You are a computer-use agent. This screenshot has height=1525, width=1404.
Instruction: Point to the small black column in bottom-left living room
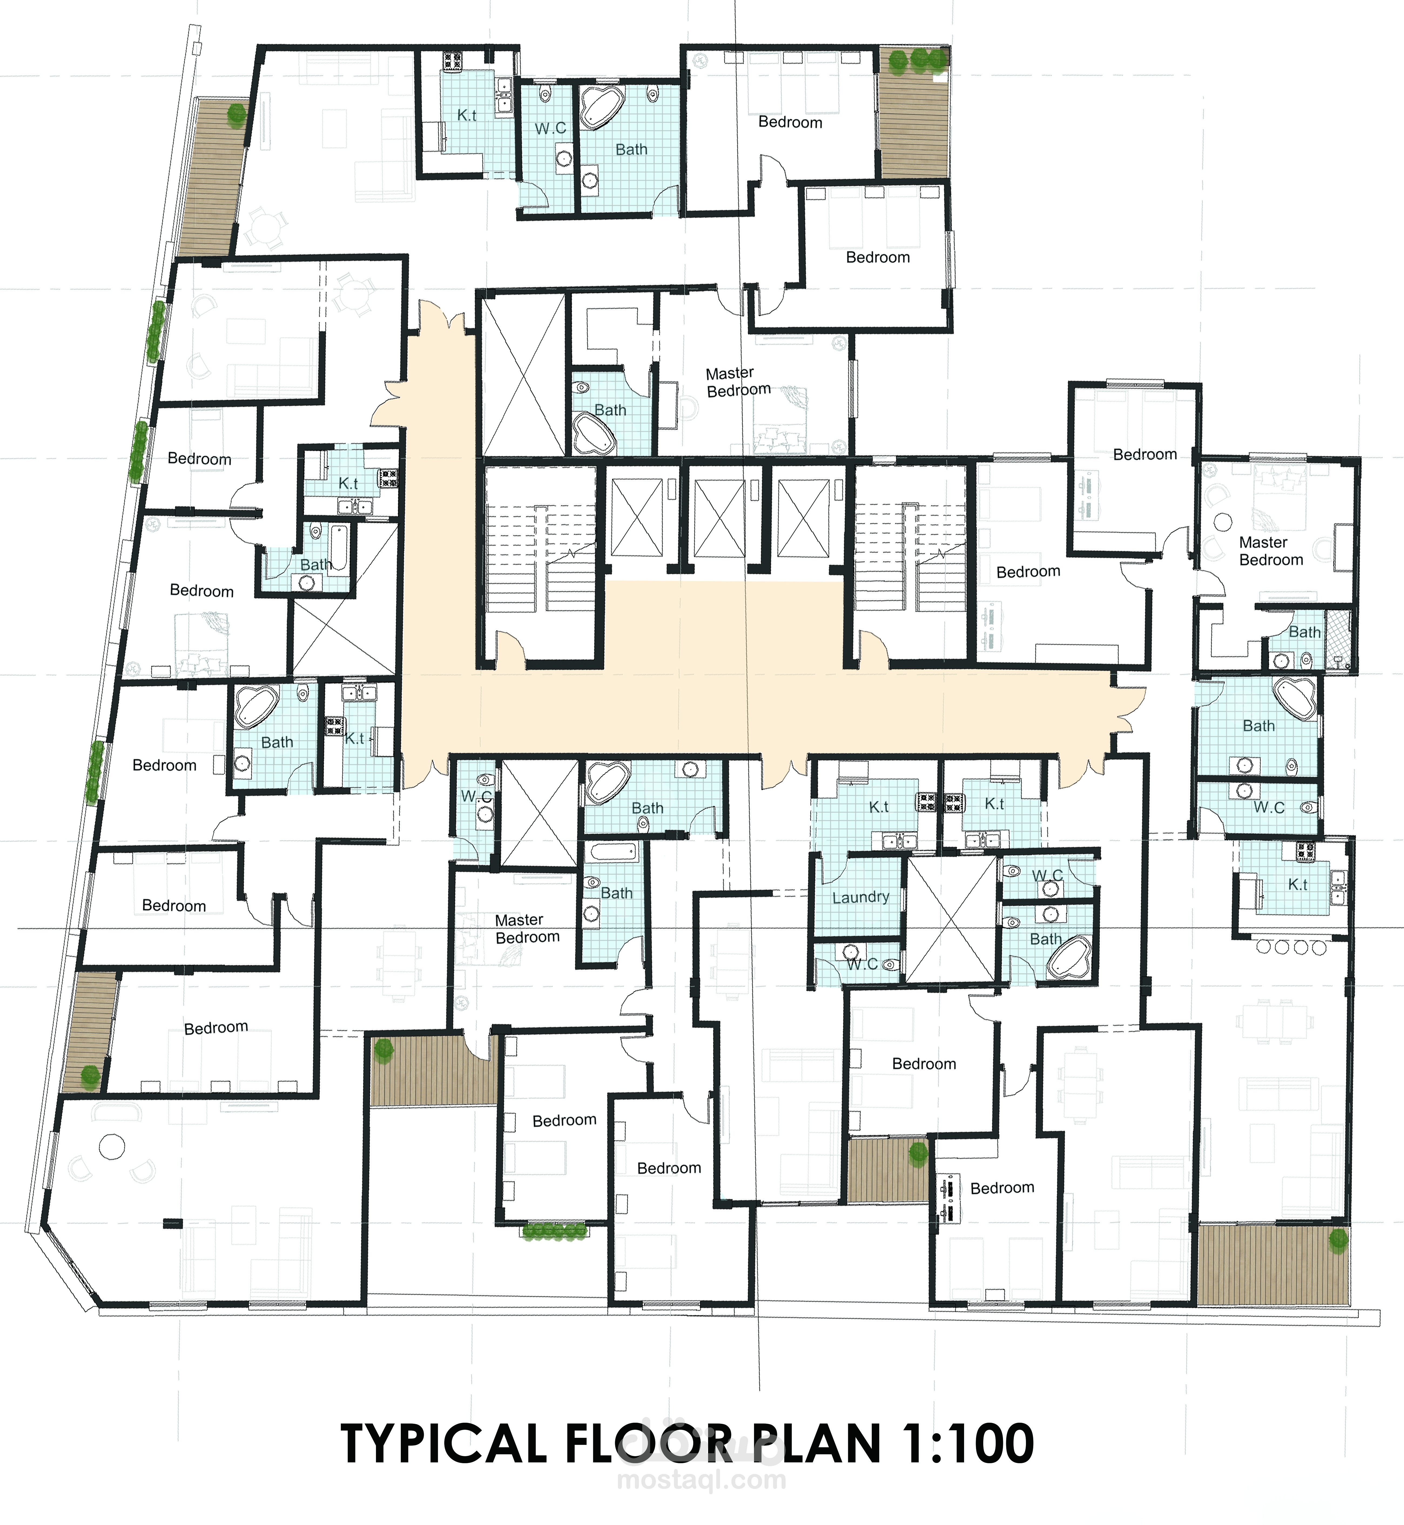click(173, 1223)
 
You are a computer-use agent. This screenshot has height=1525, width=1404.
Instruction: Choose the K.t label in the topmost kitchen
click(466, 116)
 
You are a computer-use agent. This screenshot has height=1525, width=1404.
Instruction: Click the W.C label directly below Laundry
click(862, 964)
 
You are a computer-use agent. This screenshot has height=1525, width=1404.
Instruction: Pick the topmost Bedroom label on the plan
click(790, 122)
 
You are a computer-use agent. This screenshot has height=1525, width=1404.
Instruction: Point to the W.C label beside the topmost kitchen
click(550, 128)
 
